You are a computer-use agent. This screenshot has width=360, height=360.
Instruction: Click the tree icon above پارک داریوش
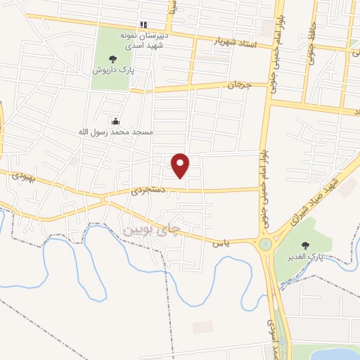[112, 60]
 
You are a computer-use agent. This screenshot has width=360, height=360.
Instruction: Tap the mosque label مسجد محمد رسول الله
[116, 131]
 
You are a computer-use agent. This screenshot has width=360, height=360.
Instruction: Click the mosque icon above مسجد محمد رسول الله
[115, 120]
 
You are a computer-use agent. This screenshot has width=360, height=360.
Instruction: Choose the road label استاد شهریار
[236, 44]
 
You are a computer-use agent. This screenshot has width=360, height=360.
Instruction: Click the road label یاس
[220, 243]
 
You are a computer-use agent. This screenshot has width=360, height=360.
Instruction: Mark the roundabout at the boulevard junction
[266, 244]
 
